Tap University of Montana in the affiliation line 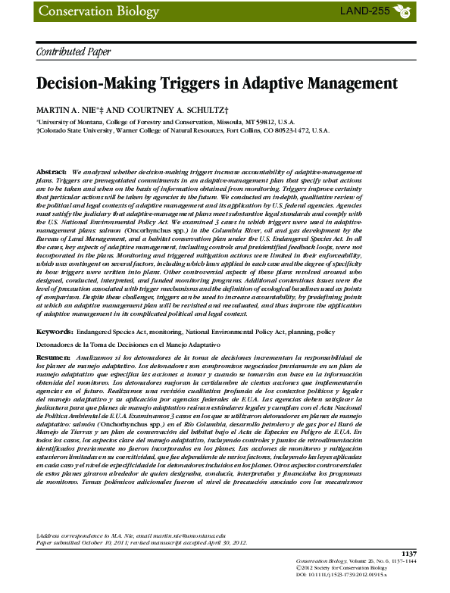67,121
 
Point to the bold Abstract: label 51,173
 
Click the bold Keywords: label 54,332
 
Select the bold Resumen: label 53,355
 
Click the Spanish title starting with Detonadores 128,345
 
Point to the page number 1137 409,555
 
